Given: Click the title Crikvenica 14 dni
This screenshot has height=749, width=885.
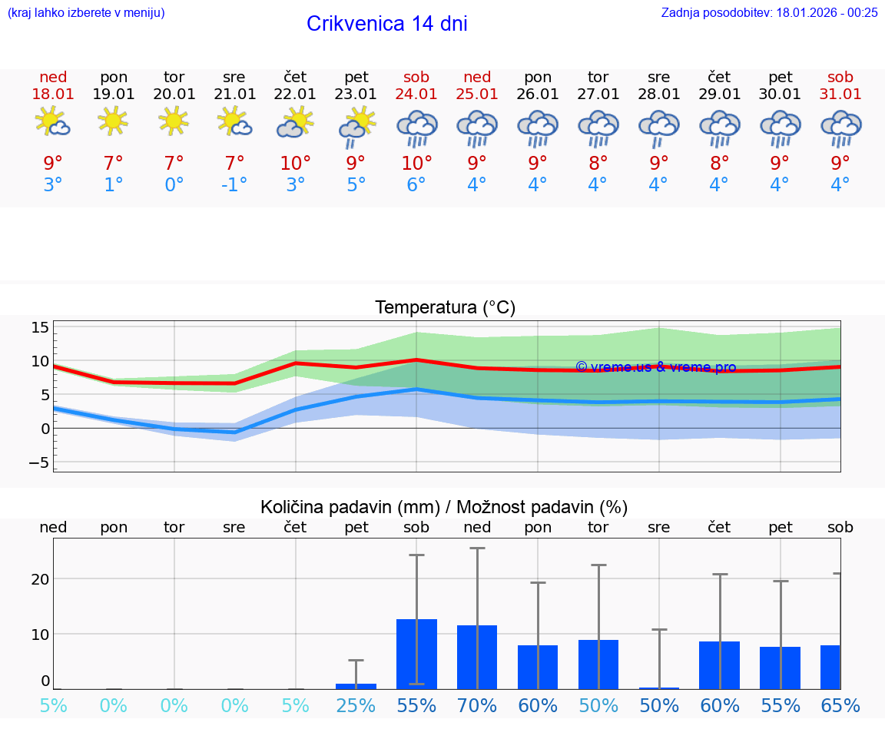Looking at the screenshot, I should point(386,24).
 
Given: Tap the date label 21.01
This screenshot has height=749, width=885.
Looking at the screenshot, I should point(234,94).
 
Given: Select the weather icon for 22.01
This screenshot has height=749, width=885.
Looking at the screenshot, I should point(295,123).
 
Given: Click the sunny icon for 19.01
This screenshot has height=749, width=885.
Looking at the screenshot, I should point(113,121).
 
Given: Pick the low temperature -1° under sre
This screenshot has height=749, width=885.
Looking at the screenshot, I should point(234,185).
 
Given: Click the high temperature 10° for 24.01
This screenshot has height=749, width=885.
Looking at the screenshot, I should point(416,163).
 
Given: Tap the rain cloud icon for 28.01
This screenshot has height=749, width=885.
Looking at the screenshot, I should point(658,127).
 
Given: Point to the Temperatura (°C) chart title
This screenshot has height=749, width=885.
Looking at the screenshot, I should point(445,307).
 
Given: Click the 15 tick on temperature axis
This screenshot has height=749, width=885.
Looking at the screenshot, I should point(40,328).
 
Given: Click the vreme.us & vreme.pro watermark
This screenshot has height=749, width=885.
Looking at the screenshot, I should point(656,367).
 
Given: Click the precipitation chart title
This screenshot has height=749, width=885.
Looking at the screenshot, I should point(444,507).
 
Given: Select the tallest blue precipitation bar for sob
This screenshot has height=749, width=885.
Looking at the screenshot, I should point(416,654).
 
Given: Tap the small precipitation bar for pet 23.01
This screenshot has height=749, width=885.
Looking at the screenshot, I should point(356,686).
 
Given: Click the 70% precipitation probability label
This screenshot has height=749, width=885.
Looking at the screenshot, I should point(477,706).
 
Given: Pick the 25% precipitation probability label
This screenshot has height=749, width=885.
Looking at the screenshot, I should point(356,706).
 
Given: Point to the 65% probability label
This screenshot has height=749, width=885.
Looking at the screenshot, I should point(840,706).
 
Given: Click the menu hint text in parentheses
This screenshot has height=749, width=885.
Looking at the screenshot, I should point(85,12).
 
